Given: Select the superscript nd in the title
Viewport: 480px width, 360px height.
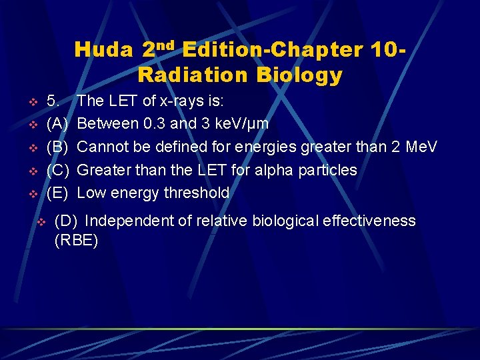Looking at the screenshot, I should [x=166, y=45].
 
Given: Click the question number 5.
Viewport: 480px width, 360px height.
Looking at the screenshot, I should [x=53, y=101].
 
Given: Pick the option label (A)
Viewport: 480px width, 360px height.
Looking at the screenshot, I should [x=57, y=124].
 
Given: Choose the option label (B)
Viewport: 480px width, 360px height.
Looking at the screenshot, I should [x=57, y=147].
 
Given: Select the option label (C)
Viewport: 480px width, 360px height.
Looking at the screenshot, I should [x=57, y=170].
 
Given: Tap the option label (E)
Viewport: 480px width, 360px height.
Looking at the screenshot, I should [x=57, y=193].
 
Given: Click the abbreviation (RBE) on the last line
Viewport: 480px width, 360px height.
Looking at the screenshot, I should [x=76, y=241].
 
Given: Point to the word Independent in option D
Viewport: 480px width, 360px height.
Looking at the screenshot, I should [x=127, y=221].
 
